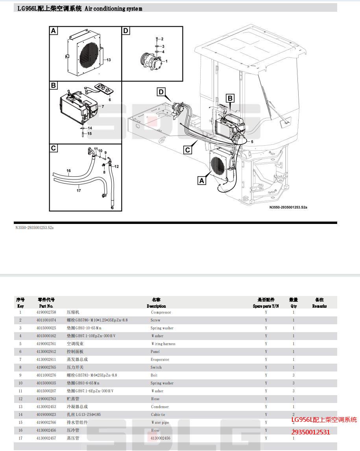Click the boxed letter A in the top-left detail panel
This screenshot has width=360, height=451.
(x=54, y=31)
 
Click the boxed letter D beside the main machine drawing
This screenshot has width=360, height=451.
(x=161, y=92)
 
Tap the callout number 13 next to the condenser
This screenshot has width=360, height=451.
(x=108, y=60)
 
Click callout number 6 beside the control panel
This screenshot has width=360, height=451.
(x=110, y=100)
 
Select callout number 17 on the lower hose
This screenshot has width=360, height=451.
(x=79, y=190)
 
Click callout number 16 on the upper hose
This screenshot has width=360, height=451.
(x=68, y=171)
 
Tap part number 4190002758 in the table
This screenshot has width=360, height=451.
(x=46, y=312)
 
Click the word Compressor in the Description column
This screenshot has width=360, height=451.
(x=161, y=312)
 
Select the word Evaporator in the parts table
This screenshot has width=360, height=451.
(x=160, y=359)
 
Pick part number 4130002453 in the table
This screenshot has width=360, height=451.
(x=46, y=407)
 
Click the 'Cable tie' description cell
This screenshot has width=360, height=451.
(x=158, y=414)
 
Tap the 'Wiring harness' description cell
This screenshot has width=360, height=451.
(x=163, y=344)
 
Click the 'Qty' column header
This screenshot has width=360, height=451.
(x=294, y=306)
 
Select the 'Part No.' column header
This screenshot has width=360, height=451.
(x=46, y=306)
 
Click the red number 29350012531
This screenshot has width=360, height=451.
(x=310, y=432)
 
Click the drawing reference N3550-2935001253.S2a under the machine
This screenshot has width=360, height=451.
(x=288, y=207)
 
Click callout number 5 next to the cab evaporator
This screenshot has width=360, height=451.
(x=252, y=141)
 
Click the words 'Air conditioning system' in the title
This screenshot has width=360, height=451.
(x=113, y=8)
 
